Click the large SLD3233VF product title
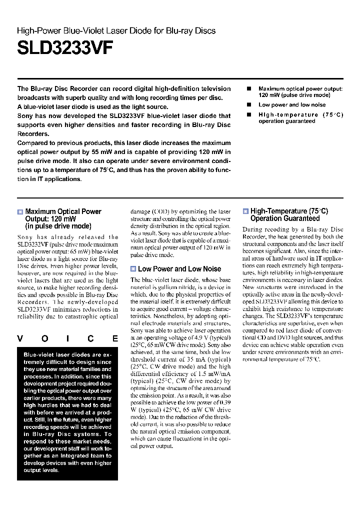pos(65,48)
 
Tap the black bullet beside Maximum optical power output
pos(248,88)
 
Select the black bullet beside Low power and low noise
pos(248,105)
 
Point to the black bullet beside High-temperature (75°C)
pos(248,115)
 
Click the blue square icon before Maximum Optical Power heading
pos(20,212)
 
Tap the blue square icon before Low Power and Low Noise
pos(133,269)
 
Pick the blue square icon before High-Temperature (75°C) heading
pos(245,211)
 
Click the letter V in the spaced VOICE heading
pos(20,338)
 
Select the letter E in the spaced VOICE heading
pos(115,338)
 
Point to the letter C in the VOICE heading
pos(91,338)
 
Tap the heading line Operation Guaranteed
pos(285,218)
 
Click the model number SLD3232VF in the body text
pos(33,244)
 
